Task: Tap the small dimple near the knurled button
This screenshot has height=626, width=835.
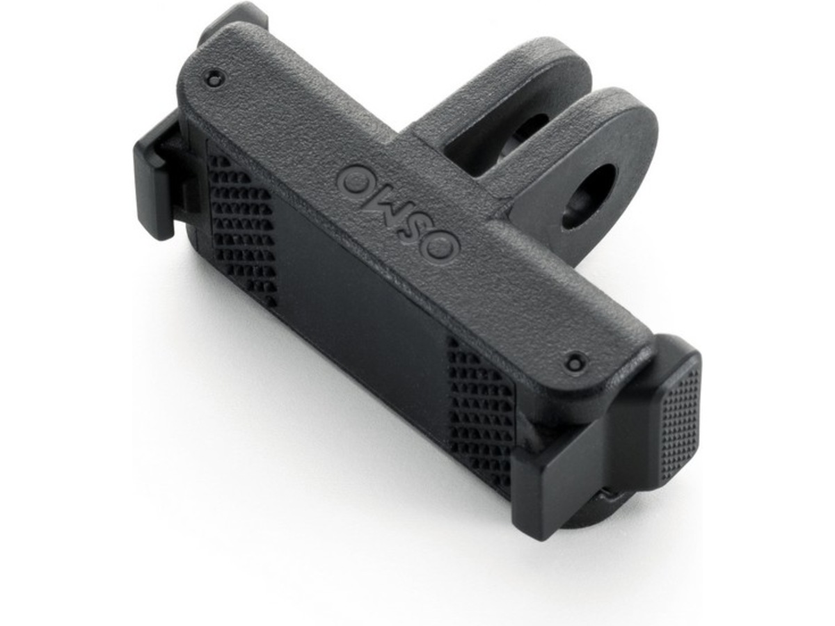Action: (x=575, y=362)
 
